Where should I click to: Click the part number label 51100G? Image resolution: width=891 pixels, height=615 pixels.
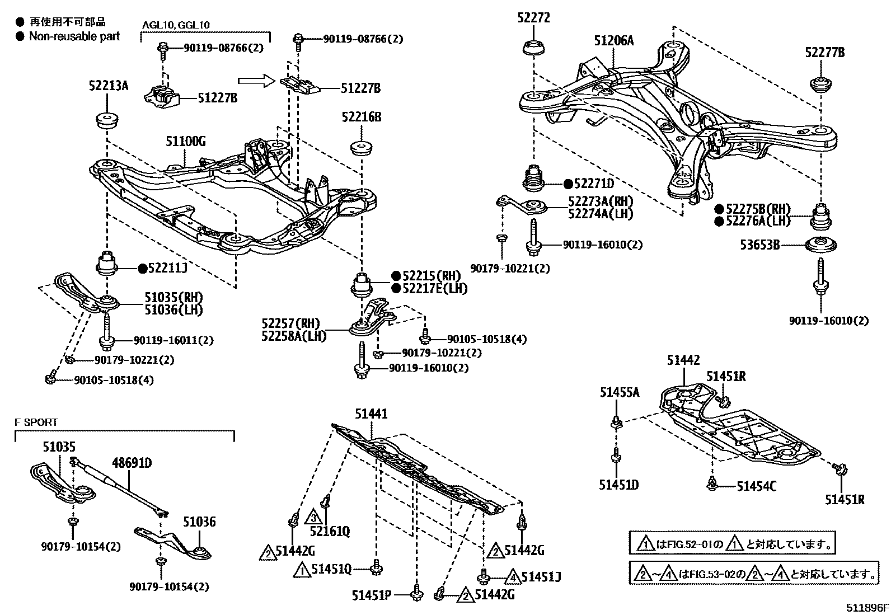click(185, 142)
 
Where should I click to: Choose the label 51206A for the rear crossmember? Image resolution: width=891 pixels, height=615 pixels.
click(614, 40)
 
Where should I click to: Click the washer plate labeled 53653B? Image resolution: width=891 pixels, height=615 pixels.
click(820, 245)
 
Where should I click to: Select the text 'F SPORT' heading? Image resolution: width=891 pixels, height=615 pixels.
click(36, 422)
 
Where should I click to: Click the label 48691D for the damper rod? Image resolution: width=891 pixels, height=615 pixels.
click(132, 463)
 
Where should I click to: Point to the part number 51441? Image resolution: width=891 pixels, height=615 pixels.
click(371, 414)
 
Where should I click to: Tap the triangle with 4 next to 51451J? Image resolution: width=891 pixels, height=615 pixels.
click(513, 576)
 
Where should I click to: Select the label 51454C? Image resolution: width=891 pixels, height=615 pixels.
click(756, 486)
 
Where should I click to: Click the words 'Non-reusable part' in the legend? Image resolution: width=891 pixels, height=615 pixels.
click(74, 37)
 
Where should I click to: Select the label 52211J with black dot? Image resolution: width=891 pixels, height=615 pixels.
click(167, 269)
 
